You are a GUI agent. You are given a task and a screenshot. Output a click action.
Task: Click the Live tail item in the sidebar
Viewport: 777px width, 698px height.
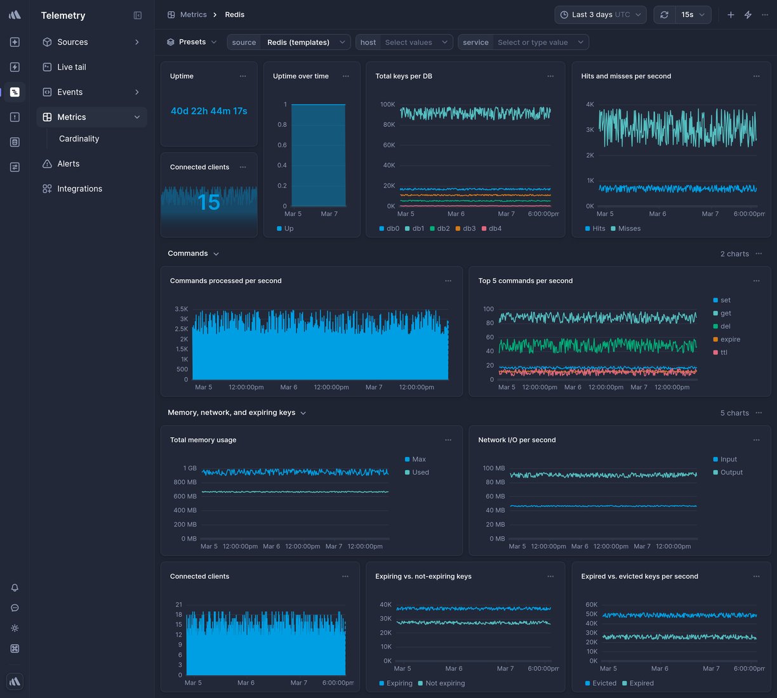(71, 67)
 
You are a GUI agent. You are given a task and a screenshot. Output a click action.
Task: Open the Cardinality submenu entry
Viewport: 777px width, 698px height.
(79, 139)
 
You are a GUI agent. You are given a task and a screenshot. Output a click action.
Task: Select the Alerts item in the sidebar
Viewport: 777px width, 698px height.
(68, 164)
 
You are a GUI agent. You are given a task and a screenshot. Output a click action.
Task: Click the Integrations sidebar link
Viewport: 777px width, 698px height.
(79, 189)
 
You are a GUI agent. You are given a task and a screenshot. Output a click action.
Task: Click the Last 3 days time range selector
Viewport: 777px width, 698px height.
(600, 15)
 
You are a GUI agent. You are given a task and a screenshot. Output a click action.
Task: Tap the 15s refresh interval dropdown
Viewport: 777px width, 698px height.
(693, 15)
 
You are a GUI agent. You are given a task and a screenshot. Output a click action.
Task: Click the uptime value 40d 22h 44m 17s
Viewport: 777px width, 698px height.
(209, 111)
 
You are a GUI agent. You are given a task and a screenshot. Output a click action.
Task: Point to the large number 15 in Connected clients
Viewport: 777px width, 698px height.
(209, 202)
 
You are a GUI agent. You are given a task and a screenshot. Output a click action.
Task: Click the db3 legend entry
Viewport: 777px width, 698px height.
(468, 228)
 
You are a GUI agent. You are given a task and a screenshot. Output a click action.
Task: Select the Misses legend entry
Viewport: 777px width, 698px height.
(628, 228)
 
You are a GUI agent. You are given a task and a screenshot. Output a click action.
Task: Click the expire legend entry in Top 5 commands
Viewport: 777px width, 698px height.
(729, 339)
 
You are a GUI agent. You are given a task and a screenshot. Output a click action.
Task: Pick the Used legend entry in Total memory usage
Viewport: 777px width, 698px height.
(420, 473)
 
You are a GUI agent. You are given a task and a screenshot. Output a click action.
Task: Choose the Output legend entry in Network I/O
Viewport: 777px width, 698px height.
(731, 473)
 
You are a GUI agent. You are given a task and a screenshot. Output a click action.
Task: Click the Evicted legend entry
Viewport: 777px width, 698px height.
(604, 683)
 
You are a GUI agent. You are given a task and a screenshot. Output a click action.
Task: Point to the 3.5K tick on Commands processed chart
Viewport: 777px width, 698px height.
(182, 309)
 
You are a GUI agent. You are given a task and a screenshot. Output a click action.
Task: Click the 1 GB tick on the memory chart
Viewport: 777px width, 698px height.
(190, 468)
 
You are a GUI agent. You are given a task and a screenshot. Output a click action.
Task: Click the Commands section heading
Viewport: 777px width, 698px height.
(188, 254)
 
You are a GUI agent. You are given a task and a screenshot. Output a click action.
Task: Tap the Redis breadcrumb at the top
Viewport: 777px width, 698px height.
(235, 15)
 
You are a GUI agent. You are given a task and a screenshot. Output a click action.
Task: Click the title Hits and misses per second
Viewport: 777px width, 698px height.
(626, 76)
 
